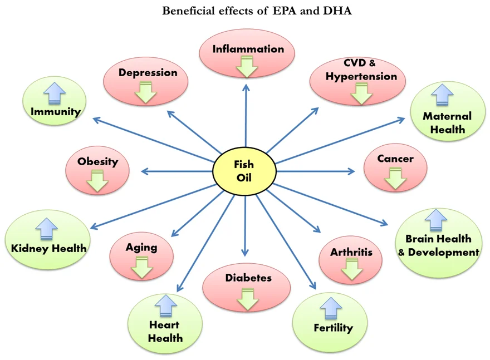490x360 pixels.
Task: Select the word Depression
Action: click(148, 73)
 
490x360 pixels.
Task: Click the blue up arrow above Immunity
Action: click(55, 93)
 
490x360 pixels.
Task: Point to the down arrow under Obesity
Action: click(97, 180)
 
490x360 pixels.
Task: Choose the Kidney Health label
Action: click(49, 248)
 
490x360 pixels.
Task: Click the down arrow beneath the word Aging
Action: click(142, 267)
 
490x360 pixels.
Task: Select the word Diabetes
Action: click(248, 278)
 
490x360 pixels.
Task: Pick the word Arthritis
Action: click(351, 252)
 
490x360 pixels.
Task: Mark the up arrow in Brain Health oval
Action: click(436, 220)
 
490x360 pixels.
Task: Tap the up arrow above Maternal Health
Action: click(443, 96)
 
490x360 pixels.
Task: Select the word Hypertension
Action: click(361, 76)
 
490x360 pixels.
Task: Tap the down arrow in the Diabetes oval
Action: click(247, 299)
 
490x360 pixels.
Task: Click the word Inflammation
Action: click(248, 49)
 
